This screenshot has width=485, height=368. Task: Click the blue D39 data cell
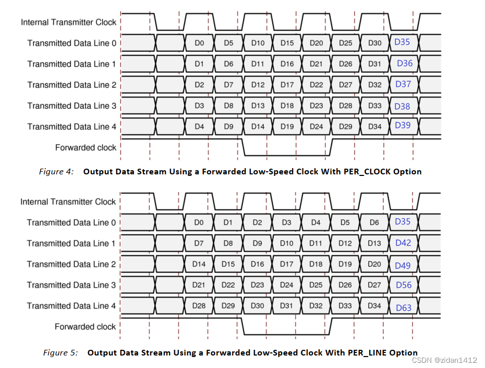point(403,125)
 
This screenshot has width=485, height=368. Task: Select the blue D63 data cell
point(403,308)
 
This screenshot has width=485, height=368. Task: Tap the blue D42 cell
point(403,243)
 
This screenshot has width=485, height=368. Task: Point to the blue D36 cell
point(404,64)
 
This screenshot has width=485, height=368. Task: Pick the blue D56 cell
point(403,285)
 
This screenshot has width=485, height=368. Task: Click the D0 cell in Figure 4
point(199,43)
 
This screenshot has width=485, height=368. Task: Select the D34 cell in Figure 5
point(374,306)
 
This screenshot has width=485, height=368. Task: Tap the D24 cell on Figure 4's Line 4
point(316,126)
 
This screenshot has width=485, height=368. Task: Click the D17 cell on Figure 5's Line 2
point(287,264)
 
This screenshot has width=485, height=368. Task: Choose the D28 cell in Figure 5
point(199,306)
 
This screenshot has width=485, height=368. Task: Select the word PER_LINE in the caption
point(356,353)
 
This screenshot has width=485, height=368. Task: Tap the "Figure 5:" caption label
point(60,353)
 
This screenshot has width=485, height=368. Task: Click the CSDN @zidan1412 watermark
point(444,360)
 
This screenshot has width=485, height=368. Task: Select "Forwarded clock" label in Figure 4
point(86,147)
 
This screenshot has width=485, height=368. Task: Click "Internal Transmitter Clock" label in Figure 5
point(68,201)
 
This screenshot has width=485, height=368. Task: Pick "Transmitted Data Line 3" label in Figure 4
point(72,106)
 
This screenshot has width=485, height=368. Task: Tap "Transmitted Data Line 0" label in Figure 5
point(71,222)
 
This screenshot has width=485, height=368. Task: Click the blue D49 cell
point(403,265)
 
